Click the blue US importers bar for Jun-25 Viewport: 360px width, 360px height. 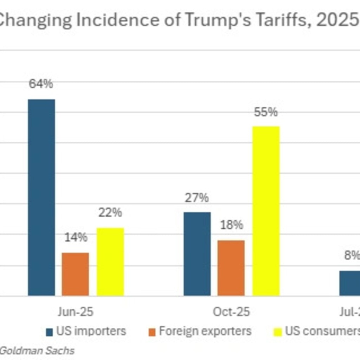(41, 197)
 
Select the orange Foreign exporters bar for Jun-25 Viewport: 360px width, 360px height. (75, 274)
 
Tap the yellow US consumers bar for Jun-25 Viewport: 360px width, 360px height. (110, 262)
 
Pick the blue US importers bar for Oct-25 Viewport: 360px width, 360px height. (197, 253)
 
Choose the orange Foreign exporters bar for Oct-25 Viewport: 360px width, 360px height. (231, 268)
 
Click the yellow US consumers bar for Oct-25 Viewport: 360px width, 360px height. (266, 211)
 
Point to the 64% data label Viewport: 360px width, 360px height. (41, 84)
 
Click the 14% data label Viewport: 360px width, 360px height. (76, 237)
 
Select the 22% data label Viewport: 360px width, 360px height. (110, 212)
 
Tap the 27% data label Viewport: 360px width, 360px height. (197, 198)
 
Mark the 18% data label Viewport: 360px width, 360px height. (231, 225)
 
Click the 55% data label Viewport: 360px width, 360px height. (266, 112)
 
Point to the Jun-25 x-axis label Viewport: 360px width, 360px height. (76, 311)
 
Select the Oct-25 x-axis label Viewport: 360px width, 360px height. (231, 311)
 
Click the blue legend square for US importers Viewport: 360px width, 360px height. (50, 332)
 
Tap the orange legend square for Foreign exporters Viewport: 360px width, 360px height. (152, 332)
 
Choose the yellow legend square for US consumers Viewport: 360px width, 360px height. (278, 332)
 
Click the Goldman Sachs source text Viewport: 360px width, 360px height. (37, 350)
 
